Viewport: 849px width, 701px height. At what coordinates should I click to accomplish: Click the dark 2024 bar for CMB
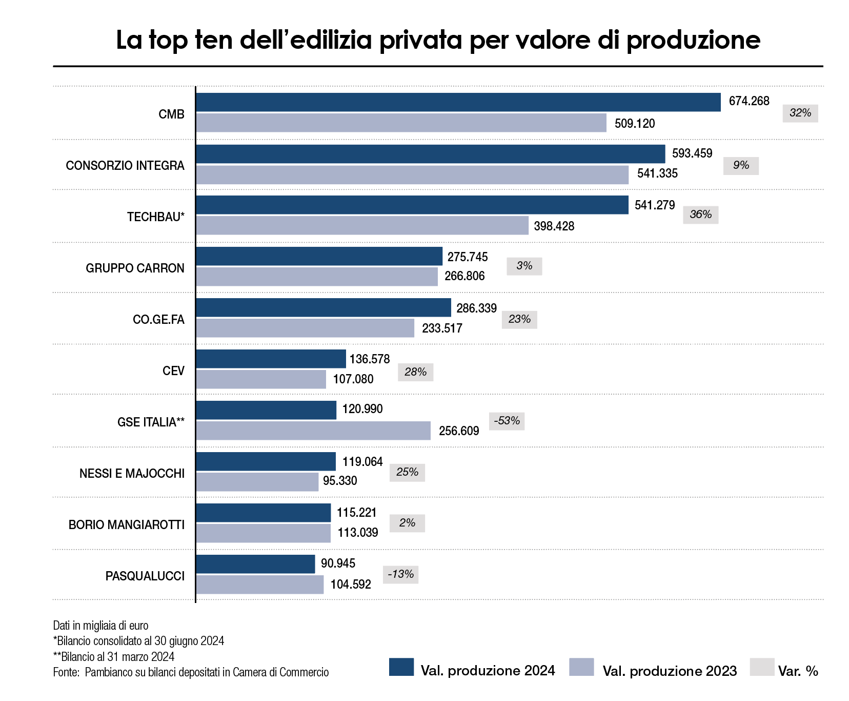coord(458,102)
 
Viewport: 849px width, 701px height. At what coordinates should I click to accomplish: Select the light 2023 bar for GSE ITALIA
coord(313,431)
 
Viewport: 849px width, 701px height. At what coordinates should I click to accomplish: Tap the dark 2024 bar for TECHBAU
coord(412,205)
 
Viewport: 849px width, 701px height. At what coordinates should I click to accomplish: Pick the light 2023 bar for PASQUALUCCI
coord(260,585)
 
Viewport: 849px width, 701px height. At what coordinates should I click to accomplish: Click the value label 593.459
coord(692,153)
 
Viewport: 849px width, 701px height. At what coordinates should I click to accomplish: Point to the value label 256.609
coord(459,431)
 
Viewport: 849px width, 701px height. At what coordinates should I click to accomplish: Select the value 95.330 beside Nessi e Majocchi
coord(340,481)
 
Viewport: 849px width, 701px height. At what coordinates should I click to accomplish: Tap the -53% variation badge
coord(507,421)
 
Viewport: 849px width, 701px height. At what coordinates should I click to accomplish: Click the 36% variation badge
coord(700,215)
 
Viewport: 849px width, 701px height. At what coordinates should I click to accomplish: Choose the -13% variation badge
coord(400,574)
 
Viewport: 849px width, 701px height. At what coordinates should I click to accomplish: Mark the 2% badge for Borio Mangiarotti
coord(407,523)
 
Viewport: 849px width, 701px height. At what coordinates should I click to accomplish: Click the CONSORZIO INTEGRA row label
coord(125,166)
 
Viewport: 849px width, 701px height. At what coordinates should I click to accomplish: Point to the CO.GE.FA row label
coord(158,320)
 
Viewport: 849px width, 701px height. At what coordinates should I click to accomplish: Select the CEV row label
coord(173,371)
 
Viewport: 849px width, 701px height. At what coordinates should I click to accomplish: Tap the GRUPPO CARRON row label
coord(135,268)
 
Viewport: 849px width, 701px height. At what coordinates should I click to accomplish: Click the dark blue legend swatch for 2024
coord(401,667)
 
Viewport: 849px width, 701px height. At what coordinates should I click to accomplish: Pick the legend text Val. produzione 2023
coord(670,671)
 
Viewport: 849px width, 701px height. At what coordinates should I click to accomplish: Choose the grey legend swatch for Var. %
coord(762,667)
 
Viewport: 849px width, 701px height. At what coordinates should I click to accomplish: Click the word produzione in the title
coord(693,40)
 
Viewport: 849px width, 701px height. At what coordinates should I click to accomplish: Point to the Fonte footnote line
coord(191,672)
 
